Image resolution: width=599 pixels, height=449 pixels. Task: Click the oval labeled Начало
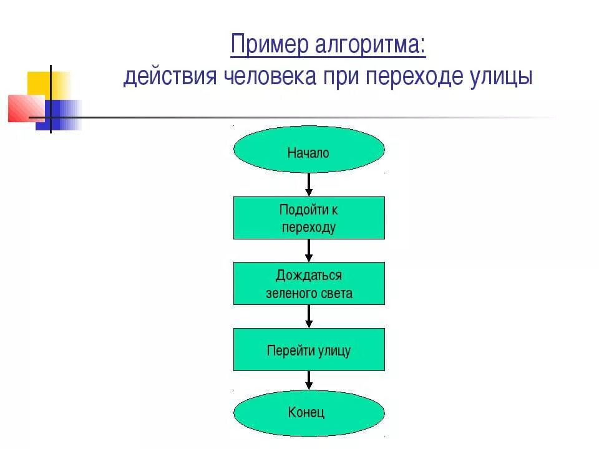click(309, 150)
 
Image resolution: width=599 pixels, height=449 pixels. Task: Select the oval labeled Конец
click(309, 412)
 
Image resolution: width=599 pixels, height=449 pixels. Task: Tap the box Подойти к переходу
click(309, 218)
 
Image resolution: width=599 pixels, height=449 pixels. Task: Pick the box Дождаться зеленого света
click(309, 283)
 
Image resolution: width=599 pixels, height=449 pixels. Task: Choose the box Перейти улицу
click(309, 349)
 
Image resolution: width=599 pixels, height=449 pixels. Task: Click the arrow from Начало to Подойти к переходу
click(309, 185)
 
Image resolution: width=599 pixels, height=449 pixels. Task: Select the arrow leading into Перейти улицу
click(309, 316)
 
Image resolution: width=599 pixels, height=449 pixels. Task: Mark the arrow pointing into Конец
click(309, 381)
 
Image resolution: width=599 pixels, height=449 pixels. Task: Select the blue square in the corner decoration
click(56, 115)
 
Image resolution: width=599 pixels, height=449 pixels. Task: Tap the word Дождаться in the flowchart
click(309, 275)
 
